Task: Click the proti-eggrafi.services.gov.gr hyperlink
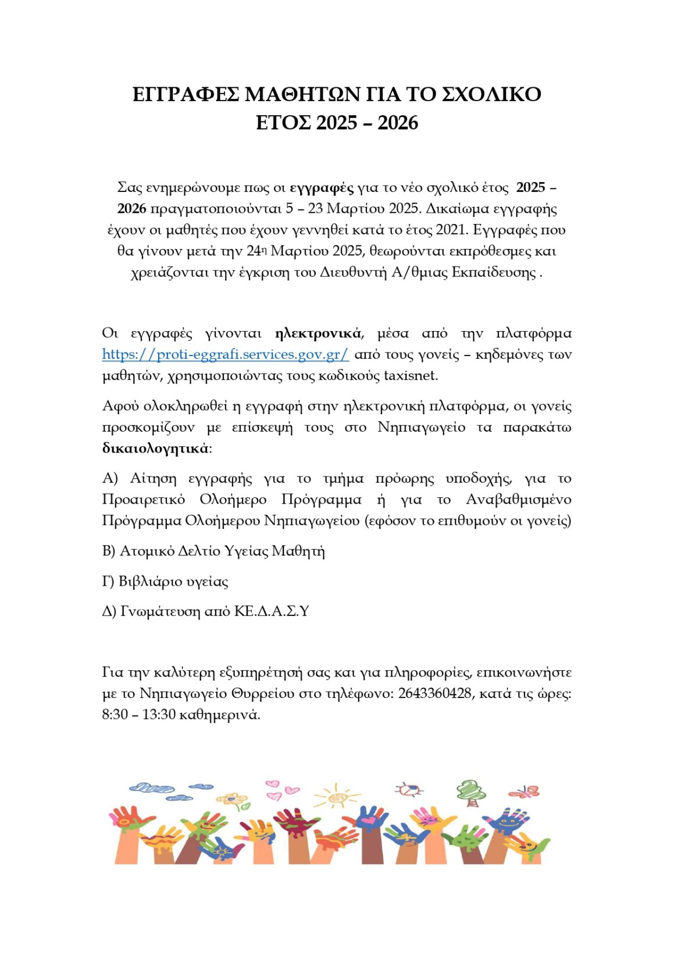pos(225,354)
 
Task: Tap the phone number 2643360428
pos(434,693)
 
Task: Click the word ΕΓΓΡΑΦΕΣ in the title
pos(186,94)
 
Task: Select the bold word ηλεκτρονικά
pos(318,333)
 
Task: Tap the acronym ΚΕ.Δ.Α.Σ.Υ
pos(272,611)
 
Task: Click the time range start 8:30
pos(115,714)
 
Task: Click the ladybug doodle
pos(409,790)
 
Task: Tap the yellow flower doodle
pos(234,799)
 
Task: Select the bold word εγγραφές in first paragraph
pos(322,187)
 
